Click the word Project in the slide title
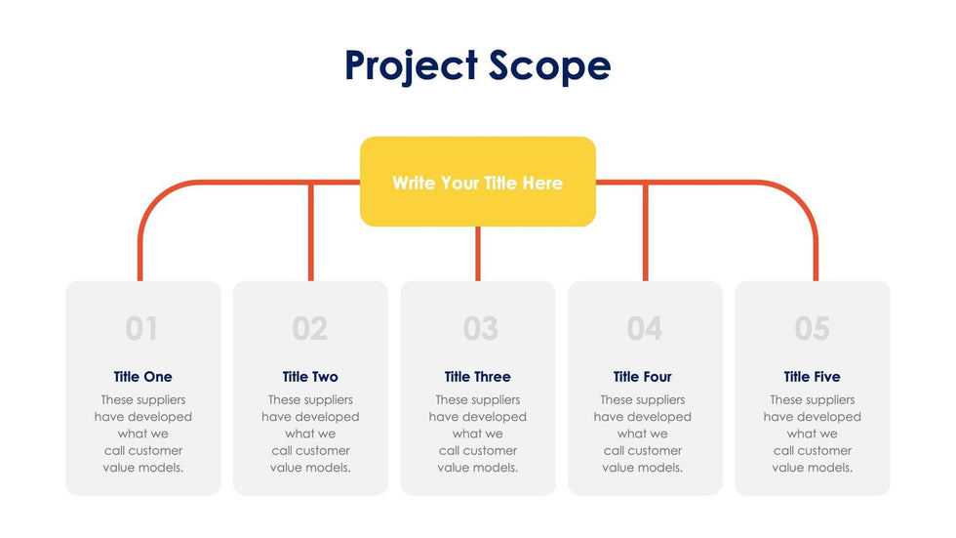click(x=411, y=66)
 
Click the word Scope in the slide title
click(x=550, y=66)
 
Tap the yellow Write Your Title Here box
click(x=477, y=183)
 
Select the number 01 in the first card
click(x=141, y=329)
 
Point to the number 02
click(x=310, y=329)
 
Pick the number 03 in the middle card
click(x=480, y=329)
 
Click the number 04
click(x=645, y=329)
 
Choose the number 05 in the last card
click(x=812, y=329)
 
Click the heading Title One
click(x=142, y=377)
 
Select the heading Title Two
click(x=310, y=377)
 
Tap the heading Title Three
click(x=477, y=377)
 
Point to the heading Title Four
click(x=642, y=377)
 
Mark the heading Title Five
click(x=812, y=377)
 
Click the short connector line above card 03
click(x=478, y=254)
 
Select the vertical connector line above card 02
click(x=311, y=231)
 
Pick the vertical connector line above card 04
click(x=645, y=231)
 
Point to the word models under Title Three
click(x=496, y=468)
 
